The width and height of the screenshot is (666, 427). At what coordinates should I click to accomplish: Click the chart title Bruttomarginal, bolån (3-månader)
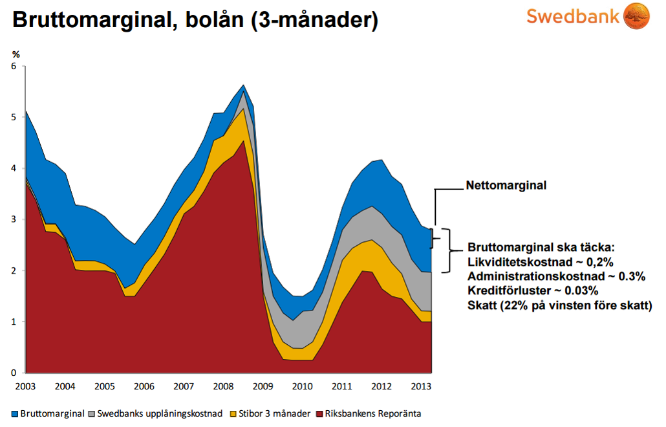click(195, 20)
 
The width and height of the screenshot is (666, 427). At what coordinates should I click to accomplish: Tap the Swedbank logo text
click(573, 16)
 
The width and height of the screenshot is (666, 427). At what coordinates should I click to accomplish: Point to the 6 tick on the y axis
click(14, 66)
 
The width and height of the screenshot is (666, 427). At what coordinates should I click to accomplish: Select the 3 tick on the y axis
click(14, 219)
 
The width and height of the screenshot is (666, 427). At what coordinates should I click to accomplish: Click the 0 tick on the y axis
click(14, 373)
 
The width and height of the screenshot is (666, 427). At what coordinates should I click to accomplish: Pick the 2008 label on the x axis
click(223, 386)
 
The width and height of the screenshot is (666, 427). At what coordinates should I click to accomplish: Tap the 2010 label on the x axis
click(302, 386)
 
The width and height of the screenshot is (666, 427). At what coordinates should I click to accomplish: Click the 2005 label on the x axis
click(104, 386)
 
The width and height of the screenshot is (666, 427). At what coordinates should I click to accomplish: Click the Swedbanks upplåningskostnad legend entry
click(159, 413)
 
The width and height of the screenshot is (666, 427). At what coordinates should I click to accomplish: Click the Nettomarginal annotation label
click(506, 186)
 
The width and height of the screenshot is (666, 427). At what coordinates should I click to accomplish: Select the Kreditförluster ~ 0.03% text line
click(535, 291)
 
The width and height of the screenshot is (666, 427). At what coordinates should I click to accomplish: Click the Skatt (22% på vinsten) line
click(560, 305)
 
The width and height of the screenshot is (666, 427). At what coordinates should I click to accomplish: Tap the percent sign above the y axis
click(16, 54)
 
